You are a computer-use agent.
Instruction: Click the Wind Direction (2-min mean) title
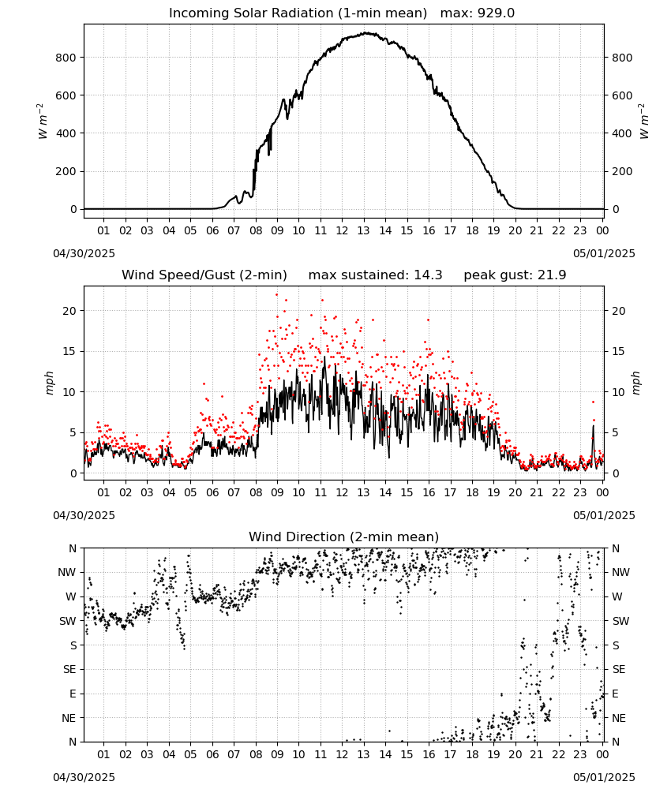click(x=344, y=537)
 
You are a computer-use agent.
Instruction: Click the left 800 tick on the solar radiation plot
click(x=66, y=58)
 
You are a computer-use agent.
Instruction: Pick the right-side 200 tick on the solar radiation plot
click(x=622, y=171)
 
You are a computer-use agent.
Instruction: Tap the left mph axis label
click(x=49, y=383)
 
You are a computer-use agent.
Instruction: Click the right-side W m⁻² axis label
click(x=644, y=122)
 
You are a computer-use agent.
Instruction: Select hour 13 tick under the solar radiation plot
click(x=363, y=230)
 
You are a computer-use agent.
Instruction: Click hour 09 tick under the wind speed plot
click(x=277, y=492)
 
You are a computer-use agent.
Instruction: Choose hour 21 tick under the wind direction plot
click(x=537, y=754)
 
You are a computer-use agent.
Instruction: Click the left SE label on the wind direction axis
click(x=69, y=669)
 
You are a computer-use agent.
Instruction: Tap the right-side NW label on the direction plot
click(x=620, y=572)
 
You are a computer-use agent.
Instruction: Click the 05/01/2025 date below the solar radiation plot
click(x=604, y=253)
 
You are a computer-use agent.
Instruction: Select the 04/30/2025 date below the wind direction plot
click(x=84, y=777)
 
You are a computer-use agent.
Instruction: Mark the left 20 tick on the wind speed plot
click(x=69, y=311)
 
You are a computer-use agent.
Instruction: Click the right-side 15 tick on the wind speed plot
click(x=618, y=351)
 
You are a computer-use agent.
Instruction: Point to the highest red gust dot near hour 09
click(x=277, y=295)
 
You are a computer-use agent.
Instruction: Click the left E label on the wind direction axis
click(x=73, y=694)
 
